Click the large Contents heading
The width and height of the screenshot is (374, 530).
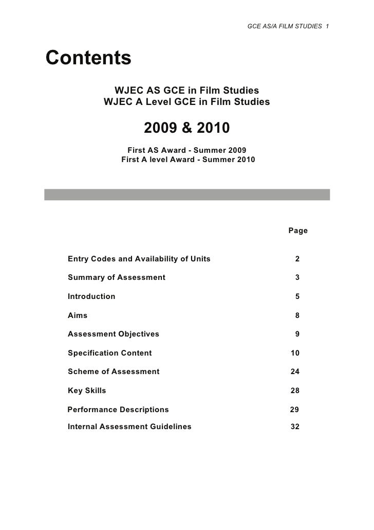pyautogui.click(x=89, y=58)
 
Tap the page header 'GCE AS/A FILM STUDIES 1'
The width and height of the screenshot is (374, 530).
pyautogui.click(x=288, y=26)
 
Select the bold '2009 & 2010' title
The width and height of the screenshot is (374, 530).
pyautogui.click(x=186, y=127)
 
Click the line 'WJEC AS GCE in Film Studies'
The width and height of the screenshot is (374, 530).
pyautogui.click(x=186, y=91)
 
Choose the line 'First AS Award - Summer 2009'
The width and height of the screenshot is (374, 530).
pyautogui.click(x=186, y=150)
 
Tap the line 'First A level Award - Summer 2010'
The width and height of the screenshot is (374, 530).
pyautogui.click(x=188, y=160)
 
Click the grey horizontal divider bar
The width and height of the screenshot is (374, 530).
pyautogui.click(x=187, y=194)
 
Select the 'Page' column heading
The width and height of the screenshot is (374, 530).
pyautogui.click(x=298, y=231)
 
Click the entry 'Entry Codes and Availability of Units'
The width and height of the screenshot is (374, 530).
pyautogui.click(x=139, y=259)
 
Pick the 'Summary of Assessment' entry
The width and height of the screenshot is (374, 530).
pyautogui.click(x=117, y=278)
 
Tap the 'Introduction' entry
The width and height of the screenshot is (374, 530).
pyautogui.click(x=91, y=296)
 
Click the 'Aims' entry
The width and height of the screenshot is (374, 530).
pyautogui.click(x=78, y=315)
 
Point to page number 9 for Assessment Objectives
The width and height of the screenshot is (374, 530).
pyautogui.click(x=297, y=334)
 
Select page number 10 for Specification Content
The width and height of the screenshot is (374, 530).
pyautogui.click(x=295, y=353)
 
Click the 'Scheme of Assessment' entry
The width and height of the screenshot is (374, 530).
pyautogui.click(x=114, y=372)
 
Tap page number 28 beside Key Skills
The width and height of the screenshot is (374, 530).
pyautogui.click(x=295, y=391)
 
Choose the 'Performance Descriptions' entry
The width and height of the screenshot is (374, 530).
pyautogui.click(x=118, y=410)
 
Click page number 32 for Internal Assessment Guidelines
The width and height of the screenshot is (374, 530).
pyautogui.click(x=295, y=427)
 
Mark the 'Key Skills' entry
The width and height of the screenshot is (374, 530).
pyautogui.click(x=87, y=391)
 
